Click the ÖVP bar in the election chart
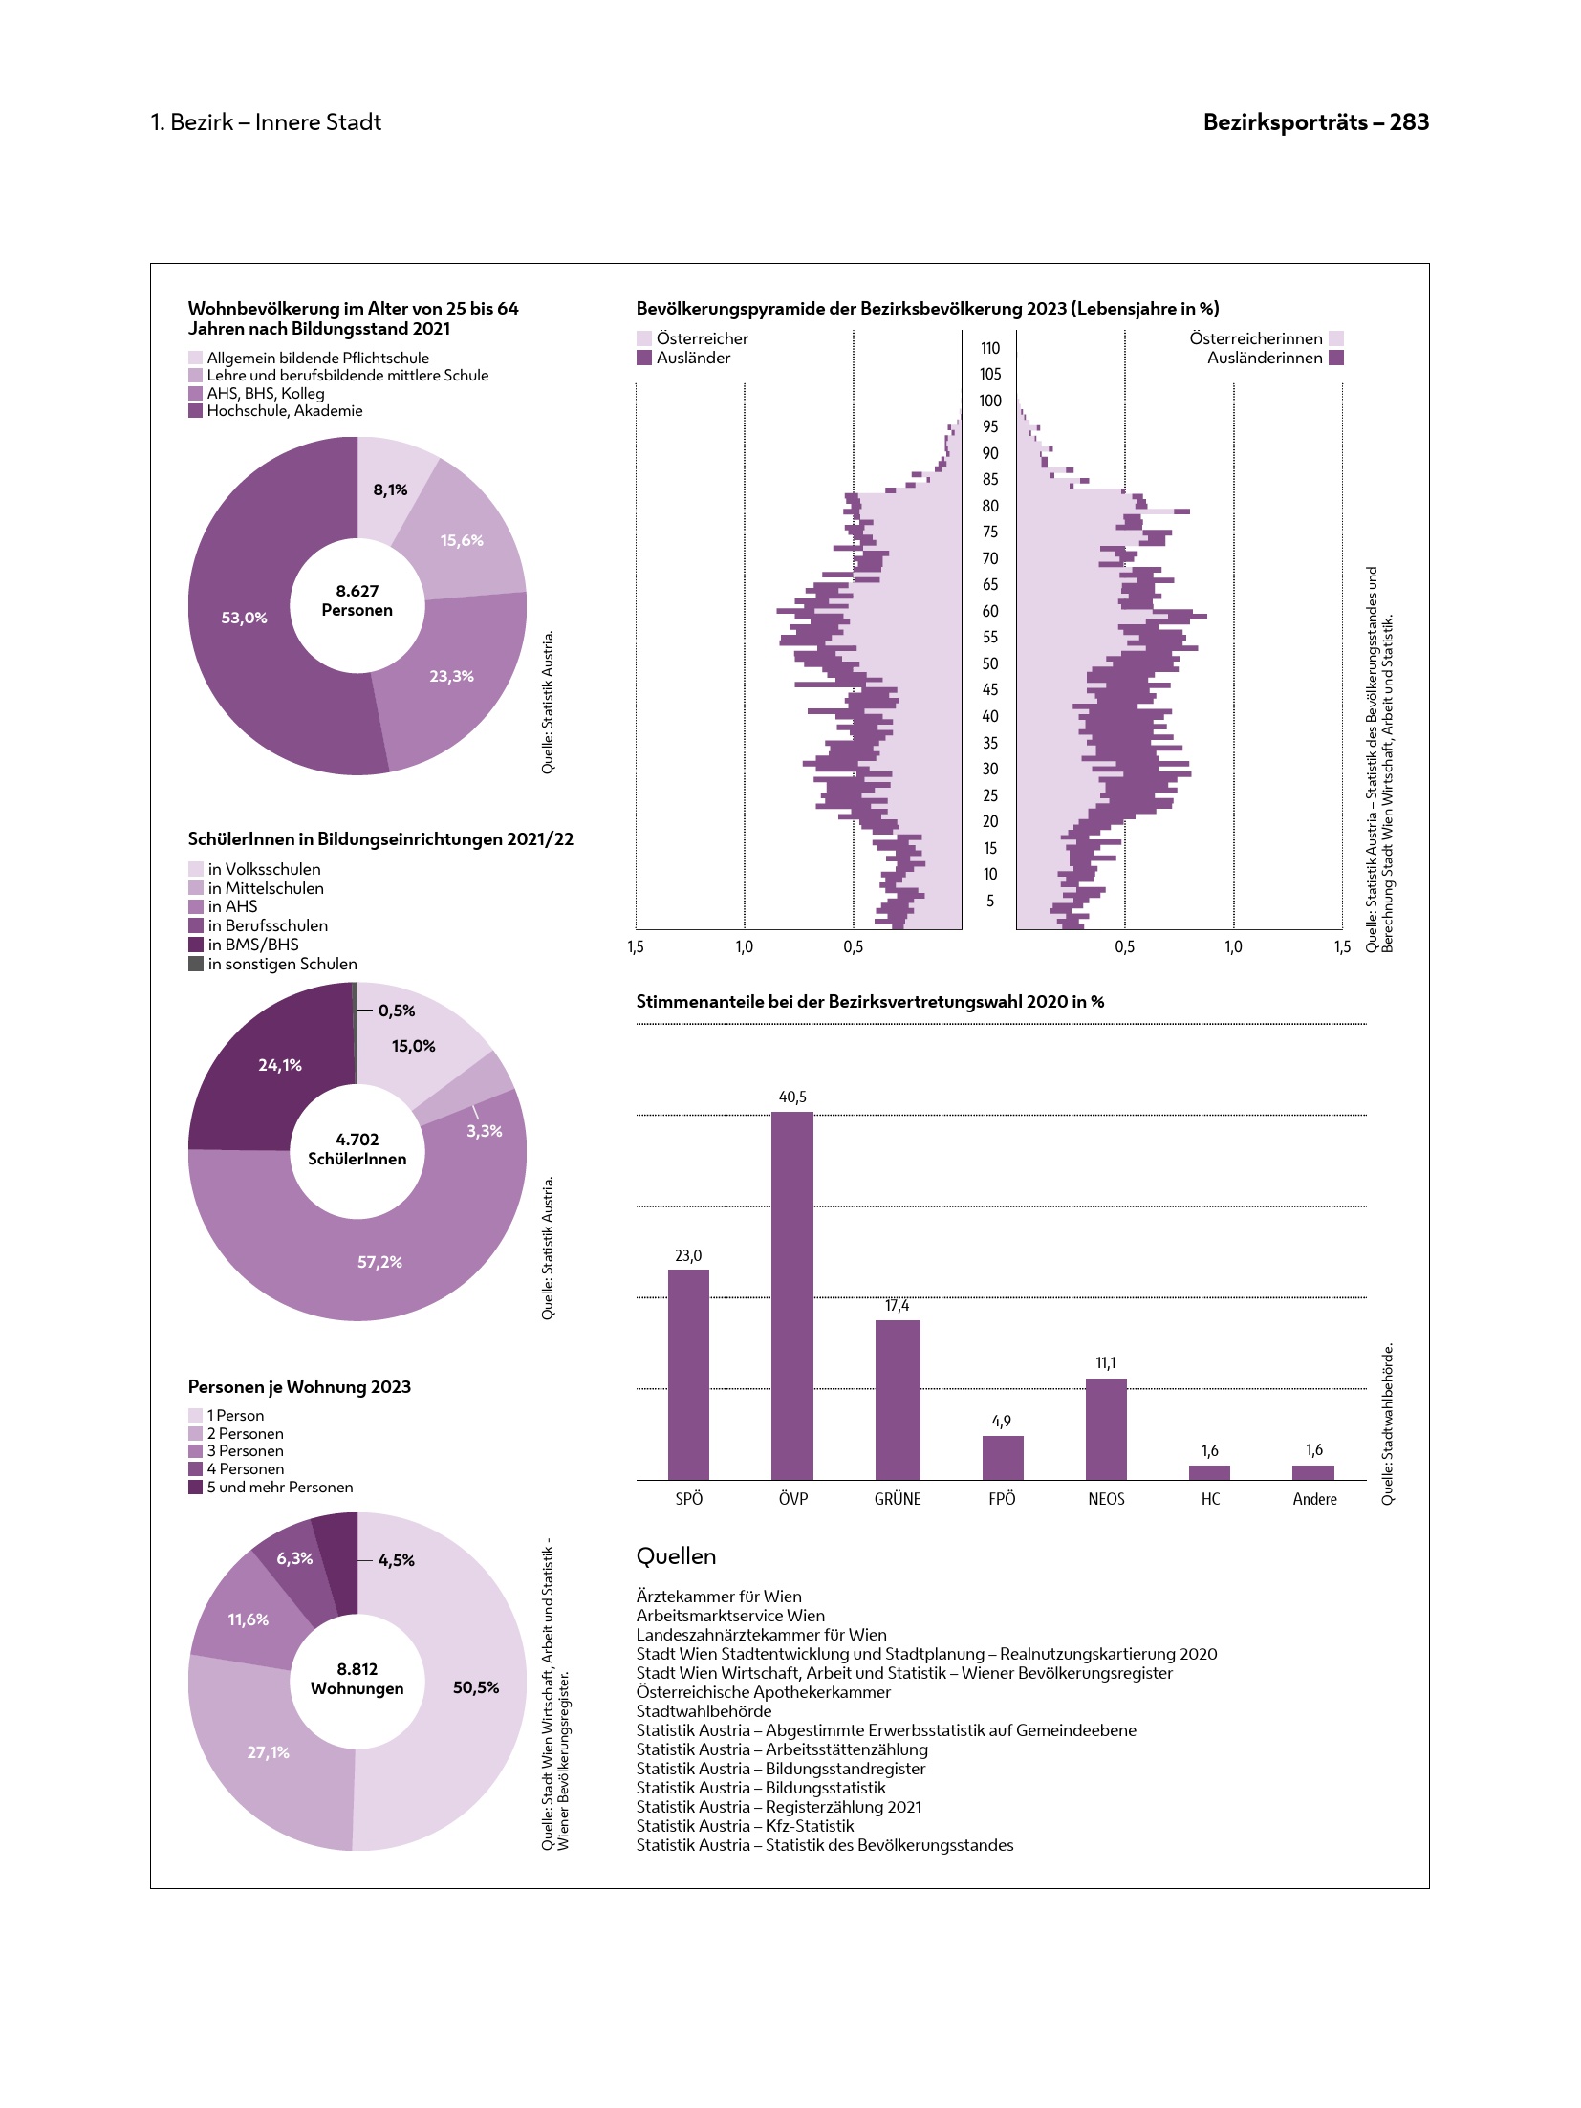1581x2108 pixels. click(x=791, y=1295)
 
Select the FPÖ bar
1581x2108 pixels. click(x=1002, y=1457)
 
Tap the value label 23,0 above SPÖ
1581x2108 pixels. click(x=688, y=1255)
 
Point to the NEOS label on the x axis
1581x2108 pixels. click(x=1106, y=1499)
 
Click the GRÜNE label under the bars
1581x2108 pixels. click(x=898, y=1499)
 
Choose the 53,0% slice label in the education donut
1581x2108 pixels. click(x=244, y=618)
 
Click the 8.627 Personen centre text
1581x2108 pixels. click(x=357, y=600)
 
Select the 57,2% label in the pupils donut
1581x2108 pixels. click(x=379, y=1262)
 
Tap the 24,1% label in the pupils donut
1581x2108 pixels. click(x=280, y=1065)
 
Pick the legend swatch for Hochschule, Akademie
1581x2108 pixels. click(x=196, y=411)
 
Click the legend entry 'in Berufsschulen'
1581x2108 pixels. click(x=268, y=925)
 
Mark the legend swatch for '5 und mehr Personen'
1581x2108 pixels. click(x=196, y=1487)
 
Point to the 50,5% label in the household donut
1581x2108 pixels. click(x=476, y=1687)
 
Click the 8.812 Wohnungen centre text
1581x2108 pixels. click(x=357, y=1678)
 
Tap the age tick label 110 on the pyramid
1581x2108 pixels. click(x=990, y=348)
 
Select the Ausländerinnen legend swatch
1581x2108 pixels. click(x=1336, y=358)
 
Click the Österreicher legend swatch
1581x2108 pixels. click(x=644, y=338)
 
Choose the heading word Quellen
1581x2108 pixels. click(x=676, y=1556)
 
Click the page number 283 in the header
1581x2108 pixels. click(x=1409, y=122)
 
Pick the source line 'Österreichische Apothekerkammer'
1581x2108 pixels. click(x=763, y=1692)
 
